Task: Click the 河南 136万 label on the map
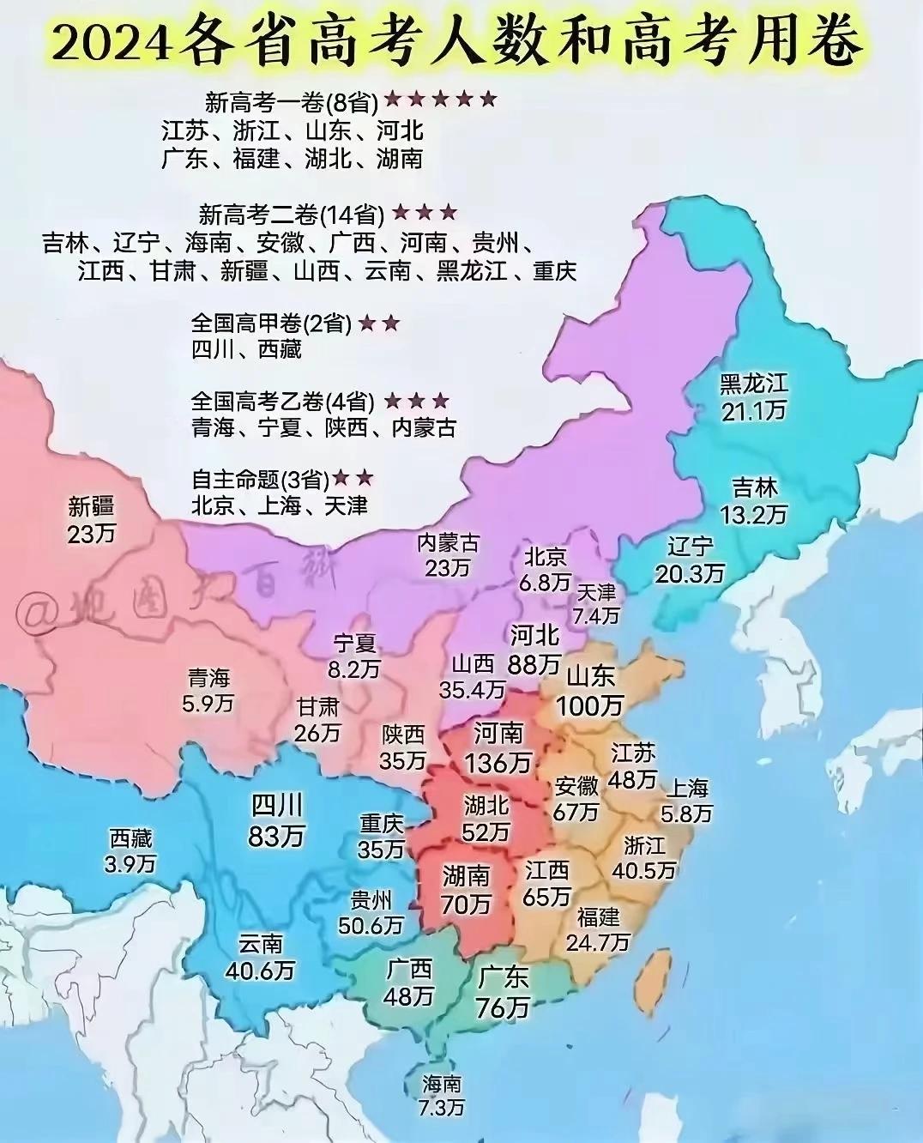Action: (498, 747)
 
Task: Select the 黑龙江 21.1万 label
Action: (753, 396)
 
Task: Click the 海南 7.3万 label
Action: (442, 1095)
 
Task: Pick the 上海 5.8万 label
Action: (687, 800)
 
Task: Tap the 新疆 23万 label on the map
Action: (91, 520)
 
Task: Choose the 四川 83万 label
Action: (276, 819)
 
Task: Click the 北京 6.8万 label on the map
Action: (546, 569)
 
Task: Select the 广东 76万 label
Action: (503, 992)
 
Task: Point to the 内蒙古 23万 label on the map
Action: (448, 555)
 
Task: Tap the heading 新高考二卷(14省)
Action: (291, 215)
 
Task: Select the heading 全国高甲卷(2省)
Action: (271, 324)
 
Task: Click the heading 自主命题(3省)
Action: (260, 479)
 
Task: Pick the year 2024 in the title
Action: (110, 40)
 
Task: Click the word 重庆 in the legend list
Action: (554, 271)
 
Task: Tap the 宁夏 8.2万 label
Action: (355, 656)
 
